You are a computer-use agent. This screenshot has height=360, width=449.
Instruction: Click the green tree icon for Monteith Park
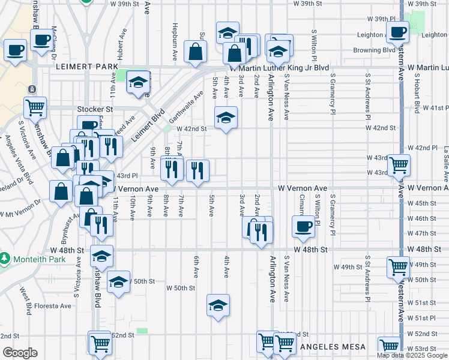[5, 259]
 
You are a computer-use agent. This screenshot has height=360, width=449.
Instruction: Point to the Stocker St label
[95, 109]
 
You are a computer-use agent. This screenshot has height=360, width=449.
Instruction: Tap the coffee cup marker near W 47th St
[303, 227]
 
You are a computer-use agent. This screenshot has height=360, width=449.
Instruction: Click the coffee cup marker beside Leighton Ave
[397, 32]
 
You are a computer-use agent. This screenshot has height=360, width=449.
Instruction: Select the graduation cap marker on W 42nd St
[226, 118]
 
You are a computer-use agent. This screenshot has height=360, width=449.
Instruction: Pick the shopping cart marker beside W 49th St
[399, 267]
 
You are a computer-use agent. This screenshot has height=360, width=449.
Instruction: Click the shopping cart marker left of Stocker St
[35, 107]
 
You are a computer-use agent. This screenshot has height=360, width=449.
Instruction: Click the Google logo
[20, 353]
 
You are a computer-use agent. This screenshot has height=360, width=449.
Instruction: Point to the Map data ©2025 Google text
[412, 355]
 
